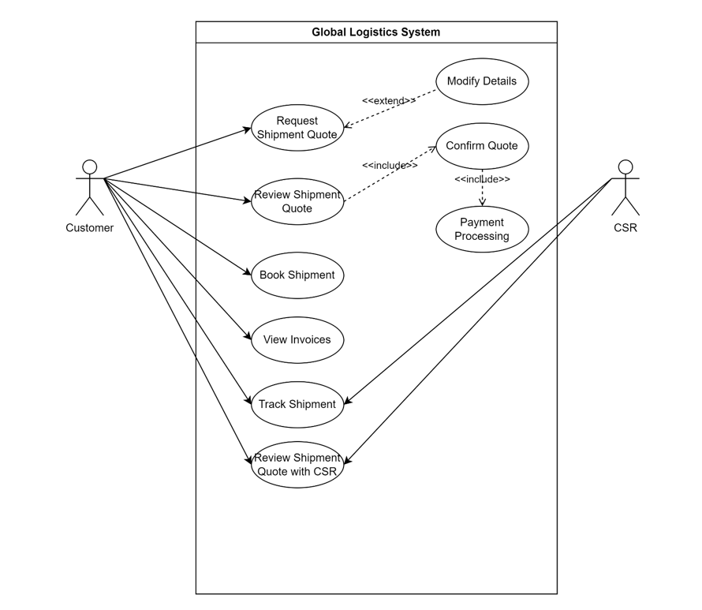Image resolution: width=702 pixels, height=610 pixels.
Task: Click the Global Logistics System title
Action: [x=375, y=32]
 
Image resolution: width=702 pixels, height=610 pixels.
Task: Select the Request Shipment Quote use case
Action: [x=297, y=128]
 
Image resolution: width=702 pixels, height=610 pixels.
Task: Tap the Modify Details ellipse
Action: [x=481, y=81]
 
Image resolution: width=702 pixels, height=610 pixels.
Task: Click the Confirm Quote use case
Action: [x=481, y=146]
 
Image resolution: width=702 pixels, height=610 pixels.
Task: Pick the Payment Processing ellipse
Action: [x=481, y=230]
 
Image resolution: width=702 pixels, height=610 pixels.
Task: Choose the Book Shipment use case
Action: [x=297, y=275]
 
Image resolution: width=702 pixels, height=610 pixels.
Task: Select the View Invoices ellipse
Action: [x=297, y=340]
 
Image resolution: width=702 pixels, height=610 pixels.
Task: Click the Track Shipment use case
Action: [x=297, y=404]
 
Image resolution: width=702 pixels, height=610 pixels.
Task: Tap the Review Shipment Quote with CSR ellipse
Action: [x=297, y=465]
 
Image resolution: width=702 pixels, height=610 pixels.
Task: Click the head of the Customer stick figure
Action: [x=90, y=167]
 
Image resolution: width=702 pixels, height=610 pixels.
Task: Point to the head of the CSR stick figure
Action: [x=625, y=167]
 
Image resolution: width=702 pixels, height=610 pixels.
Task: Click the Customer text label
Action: [x=89, y=228]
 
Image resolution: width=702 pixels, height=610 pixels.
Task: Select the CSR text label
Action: [x=625, y=228]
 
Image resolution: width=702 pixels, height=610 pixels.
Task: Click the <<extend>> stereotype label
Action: [x=388, y=101]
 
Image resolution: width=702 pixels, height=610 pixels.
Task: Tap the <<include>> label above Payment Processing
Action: [x=482, y=180]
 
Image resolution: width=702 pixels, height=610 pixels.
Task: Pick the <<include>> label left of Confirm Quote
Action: [x=390, y=166]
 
